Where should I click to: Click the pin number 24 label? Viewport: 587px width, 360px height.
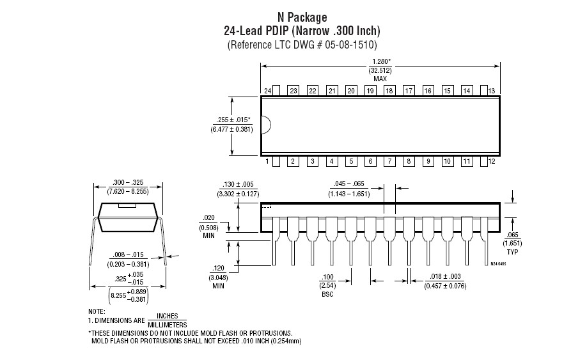click(x=267, y=91)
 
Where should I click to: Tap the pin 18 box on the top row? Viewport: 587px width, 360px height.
click(x=389, y=91)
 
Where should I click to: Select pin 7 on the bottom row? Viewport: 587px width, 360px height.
click(x=389, y=161)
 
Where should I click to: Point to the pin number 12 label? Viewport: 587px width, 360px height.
click(x=492, y=161)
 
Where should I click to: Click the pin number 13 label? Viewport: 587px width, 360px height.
click(x=492, y=91)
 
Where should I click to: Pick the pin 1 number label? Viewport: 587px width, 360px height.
click(x=267, y=161)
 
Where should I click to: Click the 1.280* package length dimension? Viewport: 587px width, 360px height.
click(x=380, y=61)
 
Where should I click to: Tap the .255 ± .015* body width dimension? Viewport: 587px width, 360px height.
click(x=233, y=120)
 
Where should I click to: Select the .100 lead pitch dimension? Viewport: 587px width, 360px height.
click(x=327, y=277)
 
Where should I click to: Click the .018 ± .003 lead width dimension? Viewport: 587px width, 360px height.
click(x=445, y=276)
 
